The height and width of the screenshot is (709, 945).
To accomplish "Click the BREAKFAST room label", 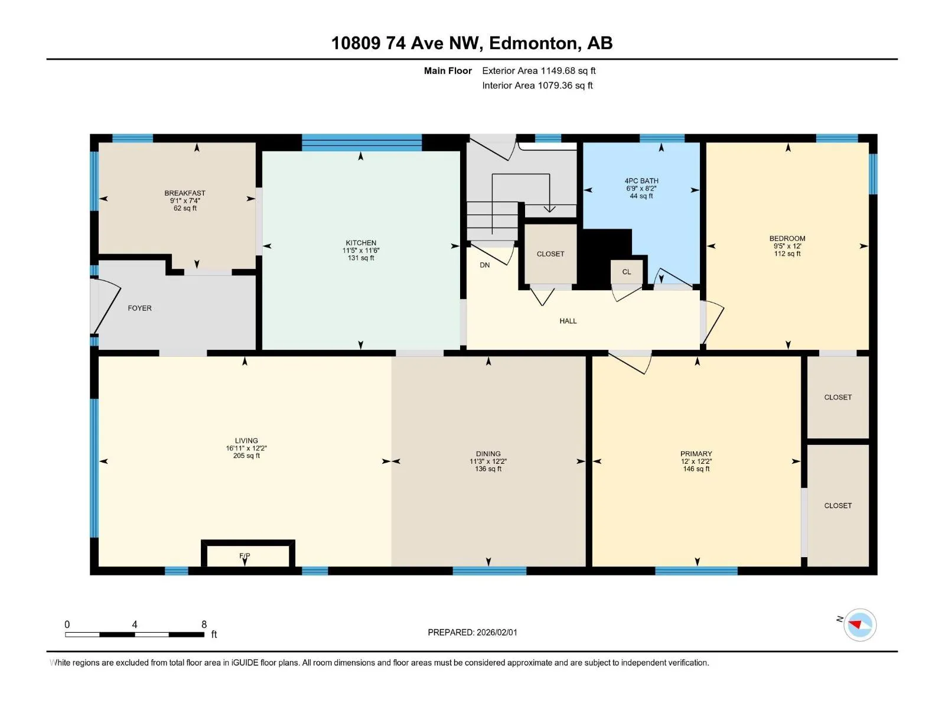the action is (185, 193).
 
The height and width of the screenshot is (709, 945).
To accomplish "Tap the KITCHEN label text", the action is (361, 243).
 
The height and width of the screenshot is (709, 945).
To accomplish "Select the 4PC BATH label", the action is (641, 181).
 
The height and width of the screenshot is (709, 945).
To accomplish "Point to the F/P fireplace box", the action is (248, 554).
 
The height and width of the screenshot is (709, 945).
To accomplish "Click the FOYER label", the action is (139, 308).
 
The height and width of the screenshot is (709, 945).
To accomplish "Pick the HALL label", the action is (568, 321).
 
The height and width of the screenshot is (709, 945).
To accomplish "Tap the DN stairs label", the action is (485, 265).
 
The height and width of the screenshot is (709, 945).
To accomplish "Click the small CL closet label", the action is (627, 272).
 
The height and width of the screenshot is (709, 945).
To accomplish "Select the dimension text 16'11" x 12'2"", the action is (246, 448).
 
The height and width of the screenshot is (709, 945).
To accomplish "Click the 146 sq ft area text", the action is (696, 469).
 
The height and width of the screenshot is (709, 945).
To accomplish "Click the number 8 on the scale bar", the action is (204, 624).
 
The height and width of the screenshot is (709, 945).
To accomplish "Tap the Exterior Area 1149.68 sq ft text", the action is (539, 70).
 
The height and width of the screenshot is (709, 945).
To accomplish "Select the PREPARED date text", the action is (472, 632).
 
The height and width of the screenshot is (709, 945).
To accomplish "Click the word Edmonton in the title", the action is (533, 43).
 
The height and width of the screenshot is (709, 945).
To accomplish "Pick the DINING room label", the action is (488, 454).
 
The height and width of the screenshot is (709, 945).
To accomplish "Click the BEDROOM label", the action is (787, 239).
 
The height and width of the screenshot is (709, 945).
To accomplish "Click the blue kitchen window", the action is (361, 142).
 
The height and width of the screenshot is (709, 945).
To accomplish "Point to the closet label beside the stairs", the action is (550, 254).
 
